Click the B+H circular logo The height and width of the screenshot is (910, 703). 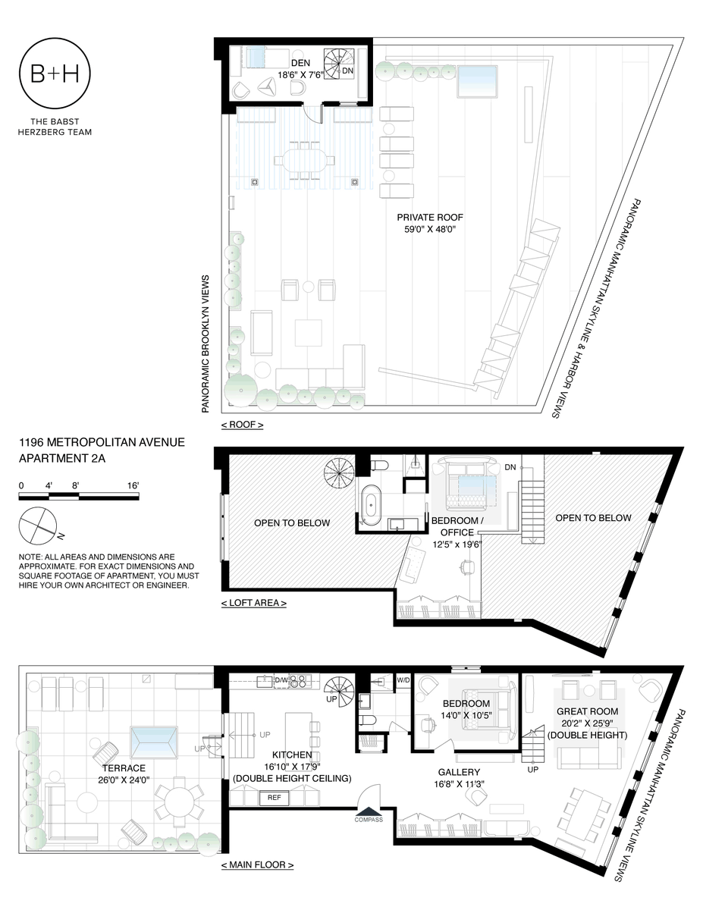(55, 74)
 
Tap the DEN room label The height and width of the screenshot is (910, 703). (300, 63)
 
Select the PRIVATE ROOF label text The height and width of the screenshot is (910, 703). (430, 218)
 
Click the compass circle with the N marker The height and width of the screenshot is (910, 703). (38, 526)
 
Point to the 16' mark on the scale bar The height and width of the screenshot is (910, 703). (133, 486)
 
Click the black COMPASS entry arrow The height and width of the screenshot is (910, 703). (369, 810)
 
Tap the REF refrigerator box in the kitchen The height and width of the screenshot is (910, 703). (275, 797)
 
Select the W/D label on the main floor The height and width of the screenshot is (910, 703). (403, 680)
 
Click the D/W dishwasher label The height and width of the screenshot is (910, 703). (281, 680)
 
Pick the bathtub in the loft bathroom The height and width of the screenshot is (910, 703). (371, 504)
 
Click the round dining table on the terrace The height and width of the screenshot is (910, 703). (179, 800)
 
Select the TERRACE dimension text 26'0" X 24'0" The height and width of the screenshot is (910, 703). (124, 780)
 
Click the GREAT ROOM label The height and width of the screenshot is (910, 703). (588, 711)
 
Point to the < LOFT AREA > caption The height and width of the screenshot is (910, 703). (254, 603)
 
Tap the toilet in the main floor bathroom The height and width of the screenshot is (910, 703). (369, 720)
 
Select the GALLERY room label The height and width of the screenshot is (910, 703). (459, 772)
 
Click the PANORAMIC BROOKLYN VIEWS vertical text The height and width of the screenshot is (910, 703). (206, 344)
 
